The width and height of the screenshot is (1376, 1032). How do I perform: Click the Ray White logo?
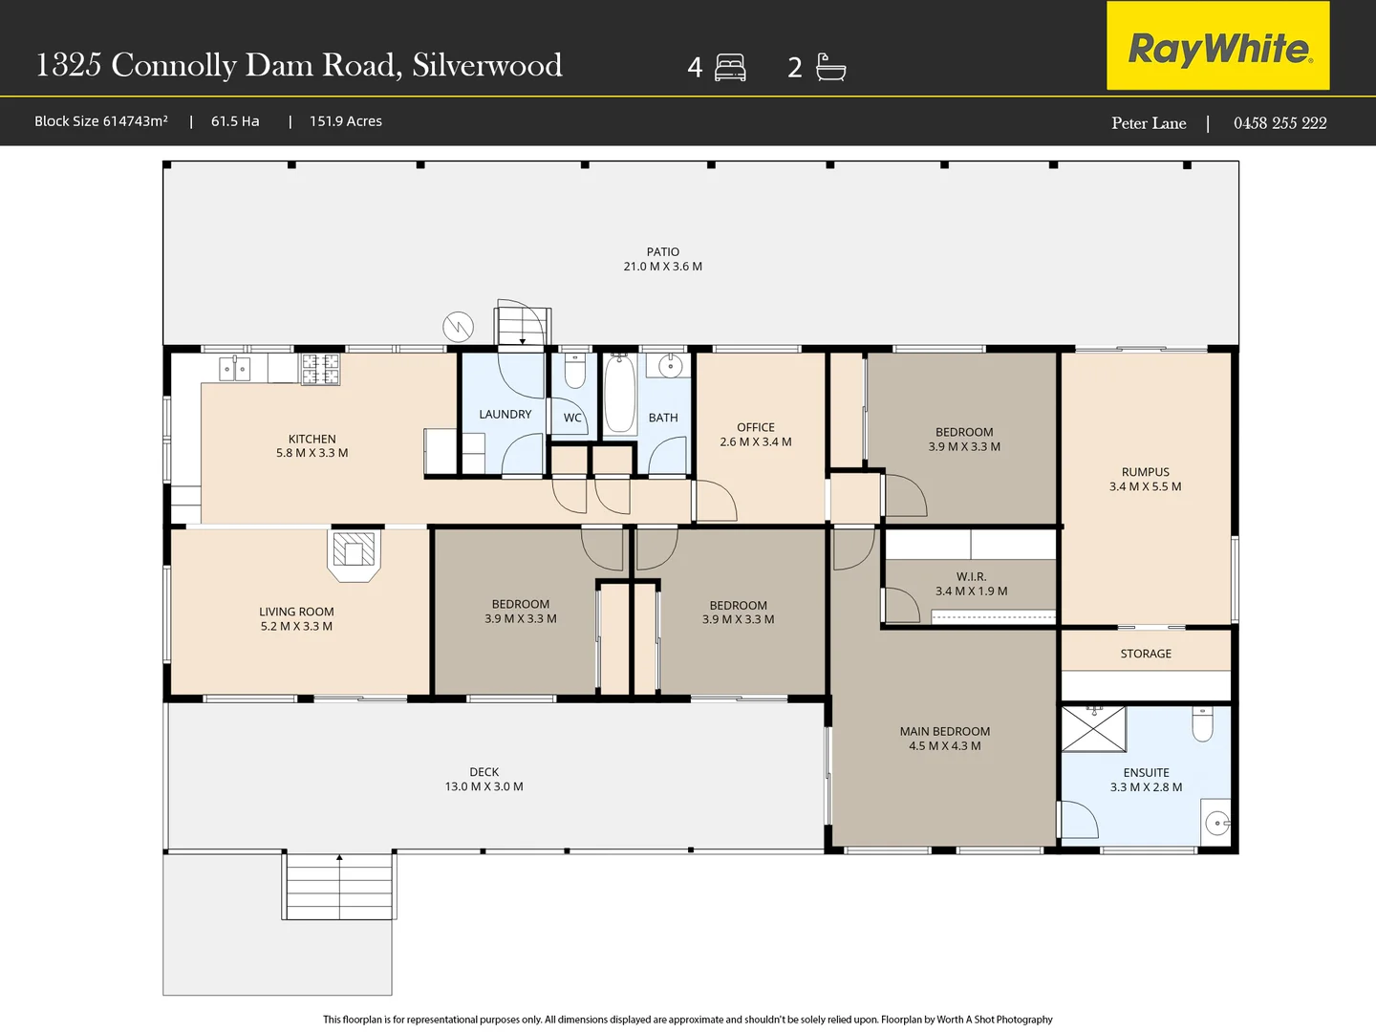[1218, 47]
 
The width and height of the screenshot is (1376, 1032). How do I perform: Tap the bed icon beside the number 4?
[730, 68]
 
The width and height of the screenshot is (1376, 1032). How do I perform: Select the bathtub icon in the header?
[830, 67]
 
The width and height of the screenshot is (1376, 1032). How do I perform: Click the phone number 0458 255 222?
[1279, 123]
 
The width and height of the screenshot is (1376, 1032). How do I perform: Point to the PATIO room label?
[662, 252]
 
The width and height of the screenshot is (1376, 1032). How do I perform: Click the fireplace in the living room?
[354, 552]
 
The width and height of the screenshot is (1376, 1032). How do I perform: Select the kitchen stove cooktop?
[320, 369]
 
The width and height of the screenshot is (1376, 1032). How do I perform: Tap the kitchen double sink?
[235, 368]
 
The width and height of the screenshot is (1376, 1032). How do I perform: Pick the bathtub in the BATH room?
[619, 395]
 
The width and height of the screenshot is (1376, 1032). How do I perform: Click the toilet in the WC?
[574, 371]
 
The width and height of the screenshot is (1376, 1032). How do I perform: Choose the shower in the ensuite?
[1094, 729]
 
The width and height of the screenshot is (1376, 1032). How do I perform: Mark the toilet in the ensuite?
[1202, 723]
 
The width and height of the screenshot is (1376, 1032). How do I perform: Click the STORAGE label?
[1146, 654]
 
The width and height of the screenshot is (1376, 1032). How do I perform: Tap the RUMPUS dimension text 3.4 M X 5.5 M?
[1145, 486]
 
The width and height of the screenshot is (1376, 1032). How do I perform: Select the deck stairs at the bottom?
[339, 887]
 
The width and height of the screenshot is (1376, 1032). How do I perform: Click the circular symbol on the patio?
[459, 328]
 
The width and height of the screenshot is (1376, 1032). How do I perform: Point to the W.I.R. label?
[971, 576]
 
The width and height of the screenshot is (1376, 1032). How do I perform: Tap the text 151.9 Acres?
[345, 121]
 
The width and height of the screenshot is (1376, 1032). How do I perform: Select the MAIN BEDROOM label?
[944, 731]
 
